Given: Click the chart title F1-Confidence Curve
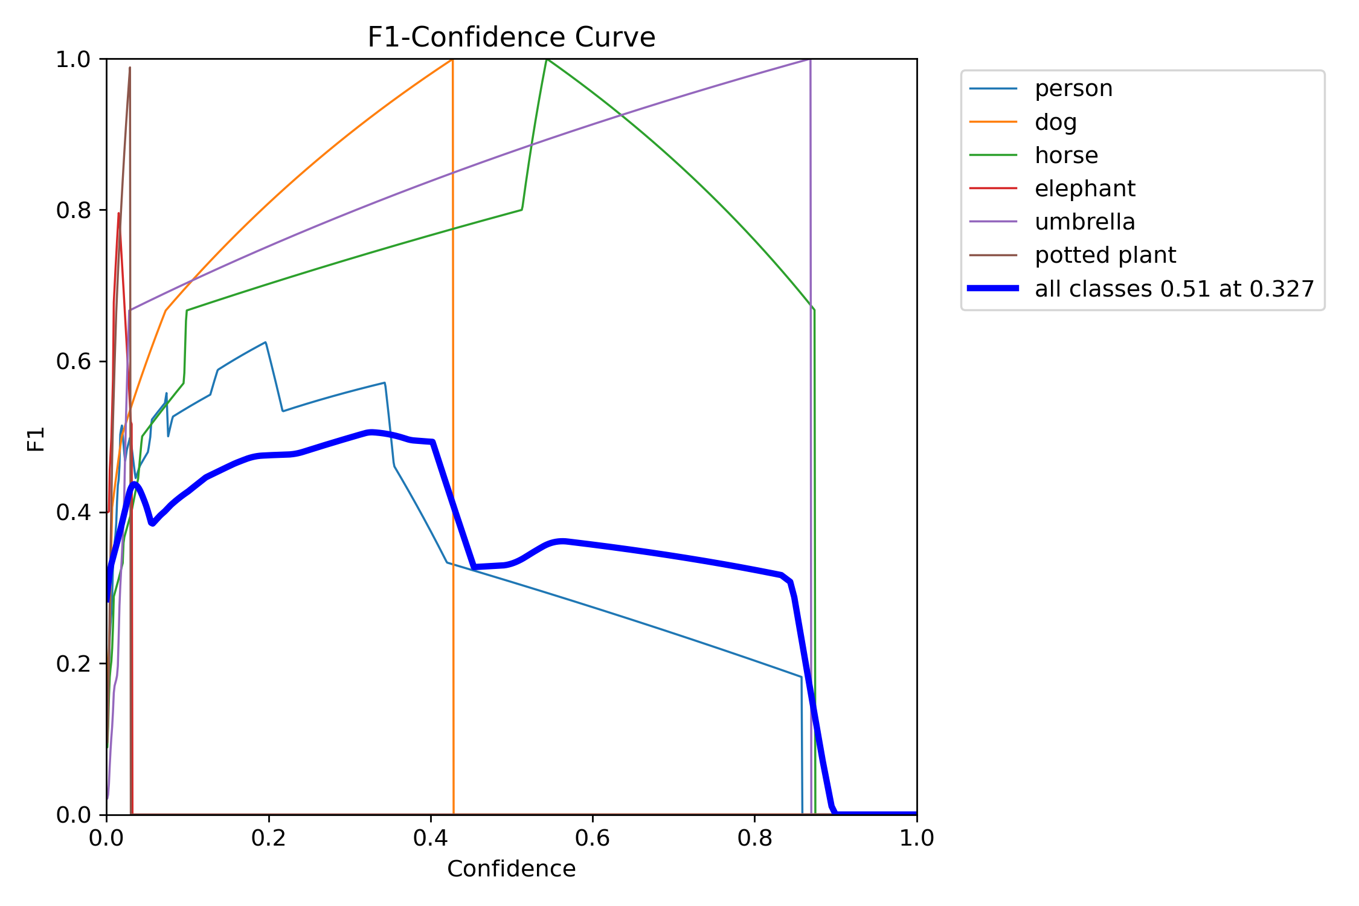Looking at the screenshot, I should pos(511,37).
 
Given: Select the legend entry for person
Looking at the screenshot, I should pos(1073,89).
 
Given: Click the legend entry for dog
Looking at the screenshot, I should pos(1055,122).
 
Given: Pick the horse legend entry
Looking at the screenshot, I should pos(1066,155).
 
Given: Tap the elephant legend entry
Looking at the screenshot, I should pos(1085,188).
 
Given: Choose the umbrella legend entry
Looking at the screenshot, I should pos(1085,222).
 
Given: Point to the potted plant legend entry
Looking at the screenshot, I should pos(1105,255).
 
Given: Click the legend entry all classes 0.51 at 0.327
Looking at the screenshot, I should pos(1174,289).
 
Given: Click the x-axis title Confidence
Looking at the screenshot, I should pos(511,869).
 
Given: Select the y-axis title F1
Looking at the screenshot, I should pos(36,439).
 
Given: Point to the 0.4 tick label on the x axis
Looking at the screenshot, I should pos(430,838).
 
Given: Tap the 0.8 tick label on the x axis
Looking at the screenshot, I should pos(754,838).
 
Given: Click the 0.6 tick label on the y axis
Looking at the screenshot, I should pos(72,361).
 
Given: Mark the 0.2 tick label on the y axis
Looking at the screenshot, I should pos(72,664).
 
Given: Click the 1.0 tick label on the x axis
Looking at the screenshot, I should pos(916,838).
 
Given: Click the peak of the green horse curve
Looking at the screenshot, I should pos(547,59).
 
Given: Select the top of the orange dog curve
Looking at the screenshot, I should pos(452,60).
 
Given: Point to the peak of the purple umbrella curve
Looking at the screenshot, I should pos(809,60).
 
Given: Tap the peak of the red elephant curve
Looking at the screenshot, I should pos(118,213).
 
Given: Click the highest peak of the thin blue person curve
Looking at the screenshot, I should pos(265,342).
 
